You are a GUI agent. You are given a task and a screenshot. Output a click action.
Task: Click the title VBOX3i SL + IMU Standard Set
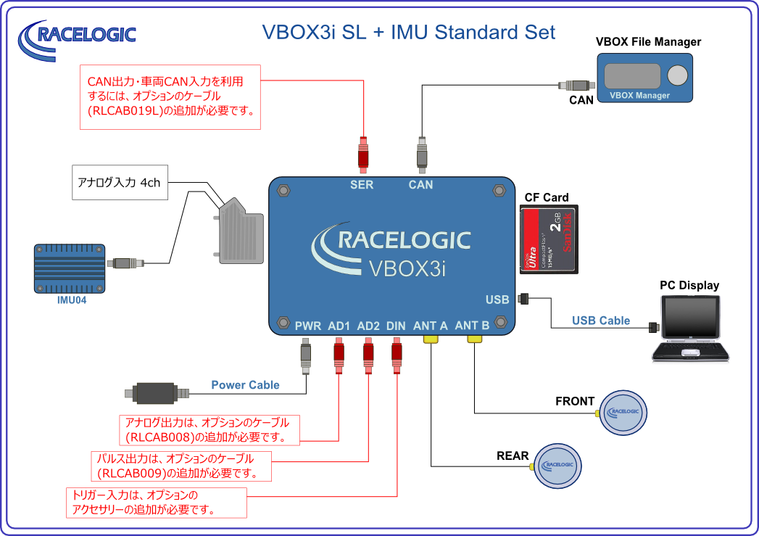408,33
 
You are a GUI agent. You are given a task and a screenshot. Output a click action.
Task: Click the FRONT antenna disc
624,412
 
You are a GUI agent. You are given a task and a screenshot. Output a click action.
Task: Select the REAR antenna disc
557,466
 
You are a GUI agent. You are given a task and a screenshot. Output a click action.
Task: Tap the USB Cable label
600,321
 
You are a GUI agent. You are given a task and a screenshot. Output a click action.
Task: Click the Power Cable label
245,385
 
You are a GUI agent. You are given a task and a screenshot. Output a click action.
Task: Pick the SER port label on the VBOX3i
361,185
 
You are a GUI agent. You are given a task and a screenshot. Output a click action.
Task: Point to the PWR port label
308,326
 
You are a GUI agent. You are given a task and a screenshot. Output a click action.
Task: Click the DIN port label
396,326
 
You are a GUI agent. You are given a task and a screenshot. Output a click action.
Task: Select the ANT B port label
472,326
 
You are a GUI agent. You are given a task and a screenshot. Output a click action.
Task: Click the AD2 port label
368,326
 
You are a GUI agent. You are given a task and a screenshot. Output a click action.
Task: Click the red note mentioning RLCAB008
209,430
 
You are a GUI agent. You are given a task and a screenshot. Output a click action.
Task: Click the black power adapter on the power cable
154,393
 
